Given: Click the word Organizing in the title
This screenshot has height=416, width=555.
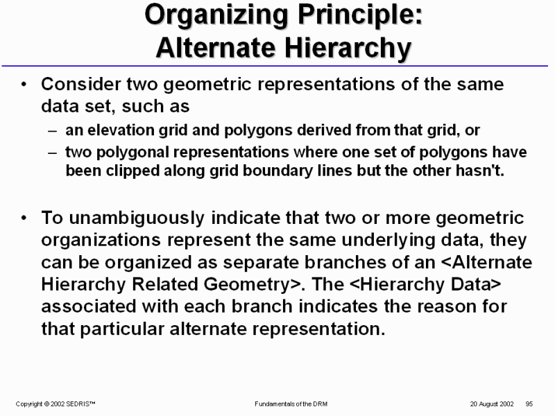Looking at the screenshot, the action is [216, 16].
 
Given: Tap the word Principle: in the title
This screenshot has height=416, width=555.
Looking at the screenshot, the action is [360, 16].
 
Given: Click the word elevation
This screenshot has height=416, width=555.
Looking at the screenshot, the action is [120, 130].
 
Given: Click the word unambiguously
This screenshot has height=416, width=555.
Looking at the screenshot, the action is [137, 218].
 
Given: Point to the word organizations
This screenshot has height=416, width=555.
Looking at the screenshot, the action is [101, 240].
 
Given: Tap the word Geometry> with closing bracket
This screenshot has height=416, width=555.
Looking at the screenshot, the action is [254, 284].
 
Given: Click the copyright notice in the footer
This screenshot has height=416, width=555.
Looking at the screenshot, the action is [55, 404].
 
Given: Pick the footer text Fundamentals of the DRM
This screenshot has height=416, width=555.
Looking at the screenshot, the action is [291, 404].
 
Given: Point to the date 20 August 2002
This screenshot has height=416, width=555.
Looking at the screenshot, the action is [492, 404].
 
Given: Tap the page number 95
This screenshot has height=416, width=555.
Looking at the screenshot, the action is [529, 404].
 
